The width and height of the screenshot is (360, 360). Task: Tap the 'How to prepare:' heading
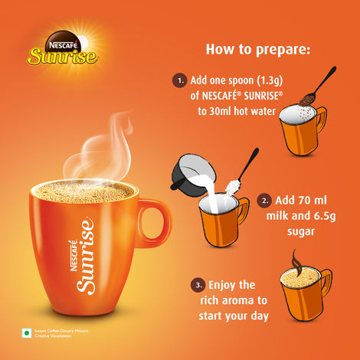[x=258, y=51]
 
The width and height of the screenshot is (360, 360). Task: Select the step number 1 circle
[x=179, y=80]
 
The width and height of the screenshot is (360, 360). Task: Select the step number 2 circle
[x=264, y=201]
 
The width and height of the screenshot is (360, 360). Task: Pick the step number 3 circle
[x=198, y=285]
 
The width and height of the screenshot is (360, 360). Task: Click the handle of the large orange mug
[x=156, y=231]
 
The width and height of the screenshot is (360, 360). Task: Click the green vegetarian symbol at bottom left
[x=26, y=332]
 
